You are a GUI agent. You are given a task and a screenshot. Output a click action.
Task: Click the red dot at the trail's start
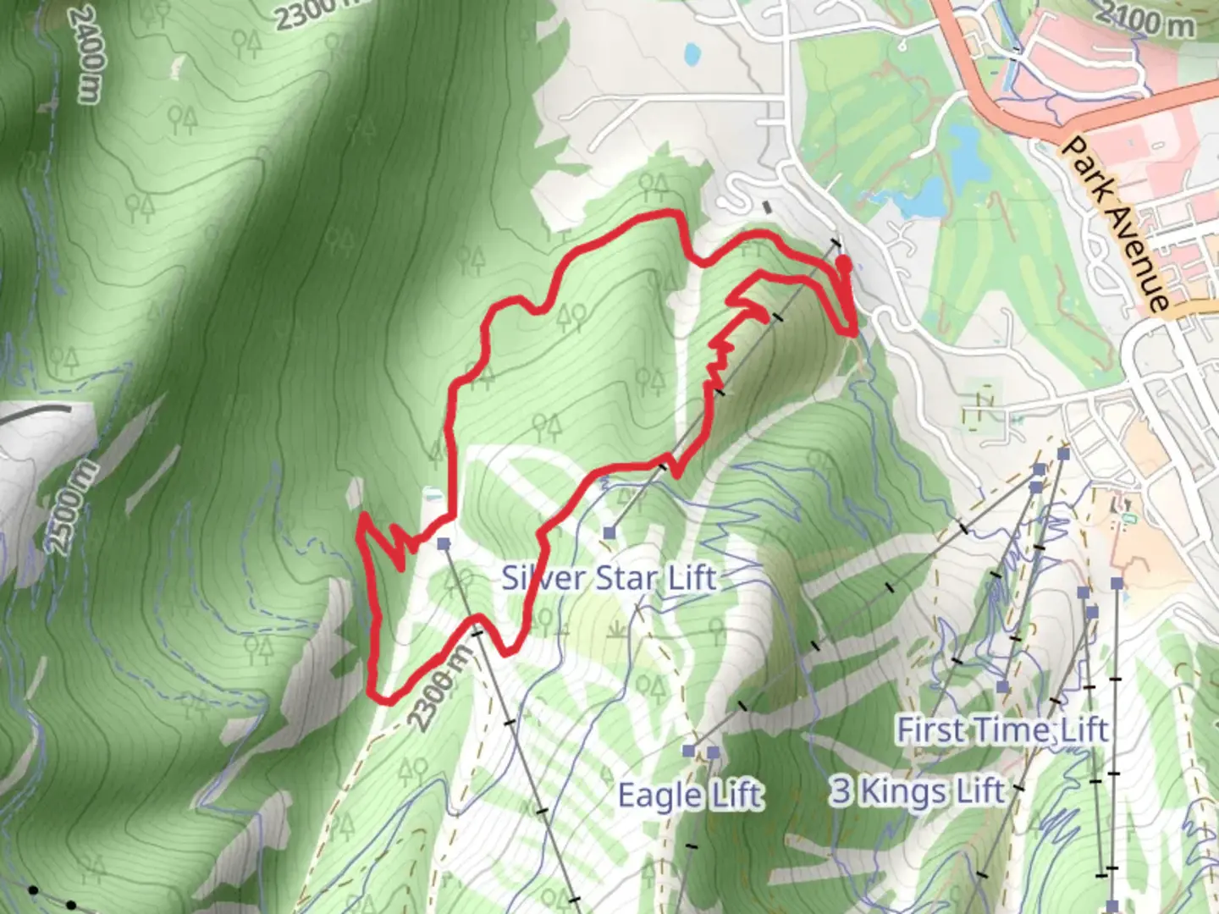843,266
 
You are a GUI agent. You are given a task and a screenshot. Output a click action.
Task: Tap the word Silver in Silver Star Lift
541,578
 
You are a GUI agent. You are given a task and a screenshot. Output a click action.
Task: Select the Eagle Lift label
690,796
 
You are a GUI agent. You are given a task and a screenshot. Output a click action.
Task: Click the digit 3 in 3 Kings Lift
840,790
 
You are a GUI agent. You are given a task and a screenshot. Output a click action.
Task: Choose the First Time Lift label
1002,729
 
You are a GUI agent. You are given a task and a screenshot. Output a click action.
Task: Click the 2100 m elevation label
1148,20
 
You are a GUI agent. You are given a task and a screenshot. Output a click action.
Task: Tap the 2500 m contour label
71,508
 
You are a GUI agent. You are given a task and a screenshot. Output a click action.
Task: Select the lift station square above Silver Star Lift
609,532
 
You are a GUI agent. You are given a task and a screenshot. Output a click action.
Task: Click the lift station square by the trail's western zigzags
444,543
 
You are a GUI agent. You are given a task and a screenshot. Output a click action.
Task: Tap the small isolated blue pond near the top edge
692,54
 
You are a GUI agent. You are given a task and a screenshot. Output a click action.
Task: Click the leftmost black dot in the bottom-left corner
32,890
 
